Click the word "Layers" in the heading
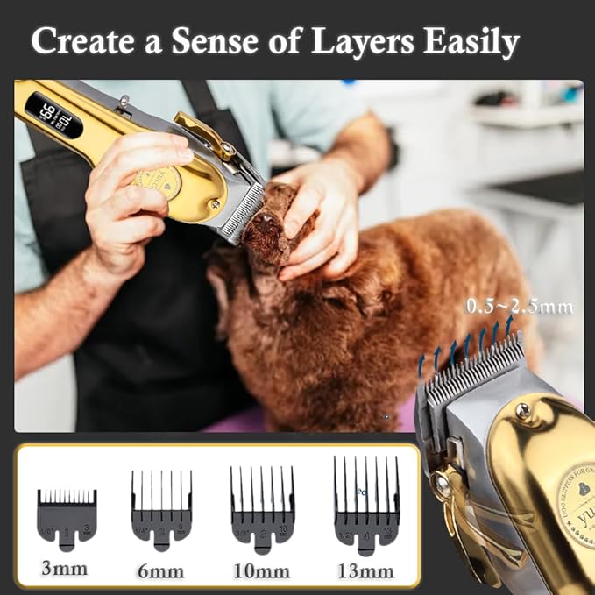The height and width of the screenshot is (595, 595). click(x=358, y=41)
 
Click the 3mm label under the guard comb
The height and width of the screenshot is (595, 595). click(x=66, y=569)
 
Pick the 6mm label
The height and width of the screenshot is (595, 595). click(x=161, y=570)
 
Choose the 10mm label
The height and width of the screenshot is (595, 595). click(x=261, y=570)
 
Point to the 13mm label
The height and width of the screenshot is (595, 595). click(x=365, y=570)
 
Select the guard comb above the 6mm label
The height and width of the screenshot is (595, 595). click(x=161, y=508)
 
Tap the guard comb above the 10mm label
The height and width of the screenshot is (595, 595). click(x=261, y=506)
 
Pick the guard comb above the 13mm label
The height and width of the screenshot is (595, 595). click(x=366, y=501)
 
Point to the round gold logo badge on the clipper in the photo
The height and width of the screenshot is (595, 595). click(x=158, y=182)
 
